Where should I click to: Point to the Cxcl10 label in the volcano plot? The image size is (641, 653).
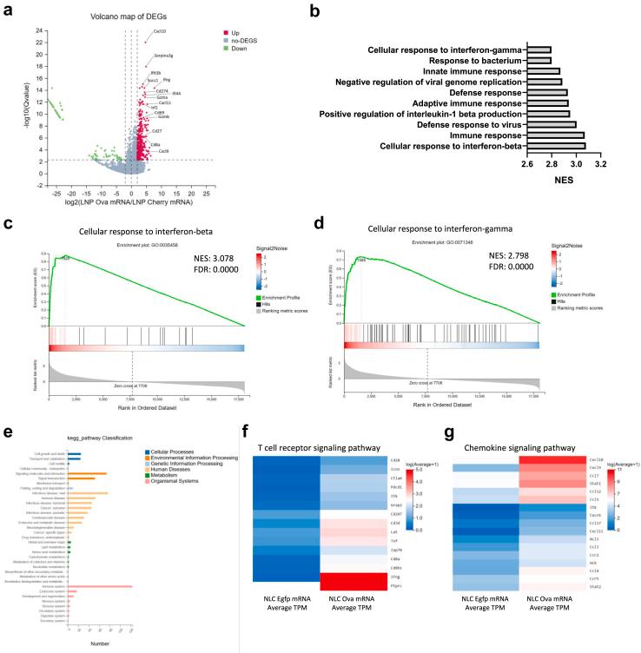click(x=159, y=32)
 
